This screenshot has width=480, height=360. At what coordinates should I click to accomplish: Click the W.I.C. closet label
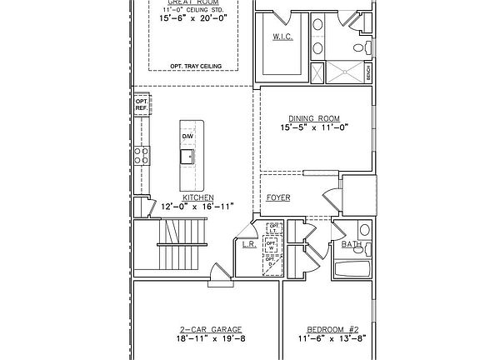click(x=281, y=37)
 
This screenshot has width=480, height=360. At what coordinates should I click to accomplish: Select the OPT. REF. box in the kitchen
click(x=141, y=105)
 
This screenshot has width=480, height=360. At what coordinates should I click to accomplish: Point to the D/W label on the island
click(x=188, y=135)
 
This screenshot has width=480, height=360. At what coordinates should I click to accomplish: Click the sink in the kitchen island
click(x=188, y=155)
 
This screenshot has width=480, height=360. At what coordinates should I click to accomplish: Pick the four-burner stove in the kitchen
click(x=142, y=154)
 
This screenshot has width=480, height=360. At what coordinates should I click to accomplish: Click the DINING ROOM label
click(x=306, y=118)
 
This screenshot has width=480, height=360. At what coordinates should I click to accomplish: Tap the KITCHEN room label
click(x=192, y=197)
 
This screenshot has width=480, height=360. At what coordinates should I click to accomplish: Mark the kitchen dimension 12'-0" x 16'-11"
click(x=192, y=206)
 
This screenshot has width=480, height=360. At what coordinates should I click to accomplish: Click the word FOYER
click(x=278, y=197)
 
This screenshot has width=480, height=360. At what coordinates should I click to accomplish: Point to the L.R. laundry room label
click(x=248, y=244)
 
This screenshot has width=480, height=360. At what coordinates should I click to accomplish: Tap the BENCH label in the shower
click(x=369, y=72)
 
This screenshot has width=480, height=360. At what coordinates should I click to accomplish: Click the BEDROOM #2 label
click(x=332, y=330)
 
